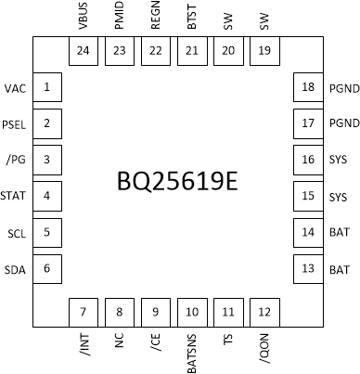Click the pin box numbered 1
[46, 88]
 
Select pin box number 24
[84, 52]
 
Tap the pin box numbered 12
[264, 312]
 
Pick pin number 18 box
[309, 88]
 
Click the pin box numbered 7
[84, 312]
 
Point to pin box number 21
[192, 52]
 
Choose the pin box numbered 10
[192, 312]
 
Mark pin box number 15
[309, 197]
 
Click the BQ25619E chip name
[179, 180]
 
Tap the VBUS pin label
[84, 19]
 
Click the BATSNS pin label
[192, 351]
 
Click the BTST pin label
[192, 19]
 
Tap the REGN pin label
[156, 19]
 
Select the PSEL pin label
[15, 124]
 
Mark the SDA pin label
[16, 269]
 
